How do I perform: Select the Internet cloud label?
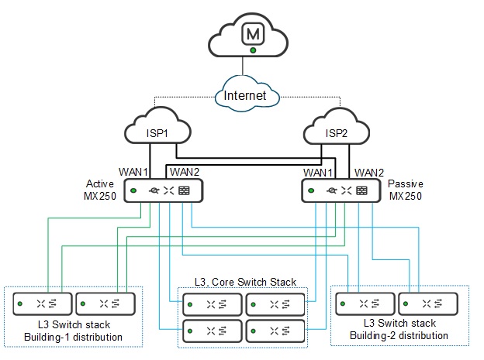pyautogui.click(x=245, y=96)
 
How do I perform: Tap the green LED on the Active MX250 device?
pyautogui.click(x=134, y=190)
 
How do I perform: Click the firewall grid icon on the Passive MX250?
pyautogui.click(x=361, y=190)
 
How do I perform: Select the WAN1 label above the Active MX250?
pyautogui.click(x=133, y=171)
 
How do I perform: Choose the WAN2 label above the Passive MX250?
pyautogui.click(x=368, y=171)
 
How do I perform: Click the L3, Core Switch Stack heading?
pyautogui.click(x=245, y=282)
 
